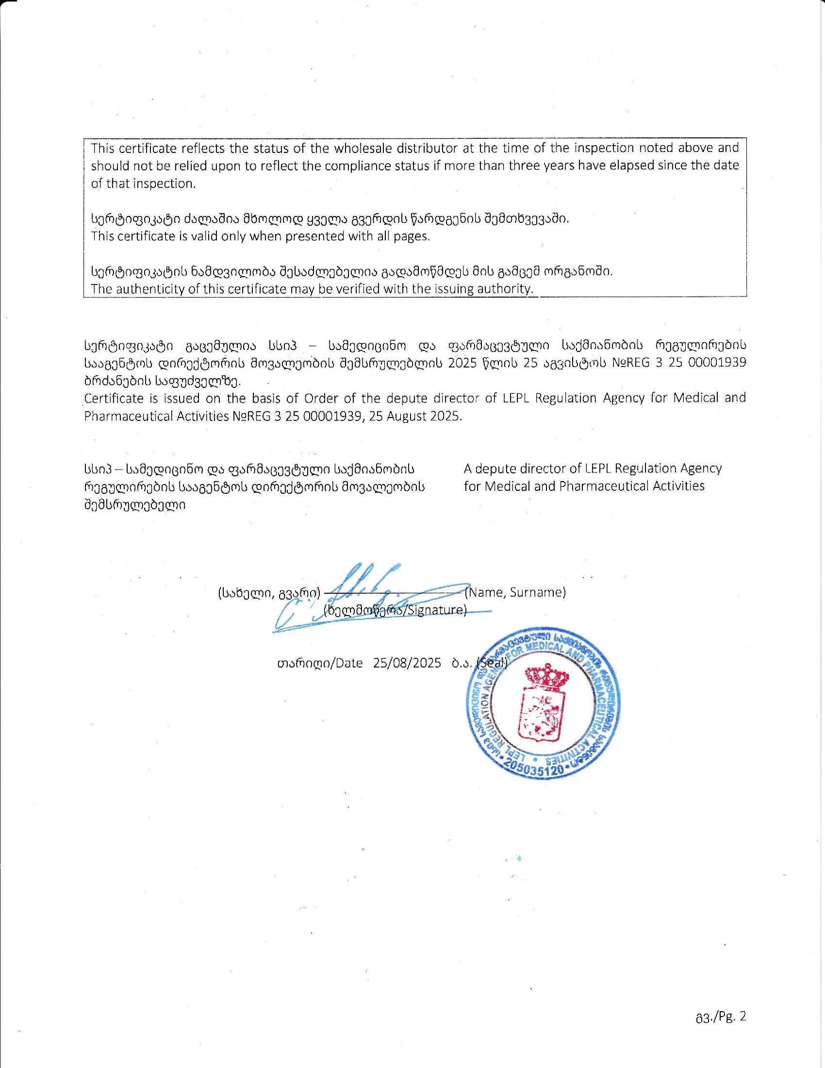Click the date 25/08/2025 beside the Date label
[407, 664]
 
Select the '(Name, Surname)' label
[515, 593]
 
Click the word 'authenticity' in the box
[148, 288]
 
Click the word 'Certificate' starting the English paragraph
[114, 398]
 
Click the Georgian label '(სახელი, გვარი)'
[269, 593]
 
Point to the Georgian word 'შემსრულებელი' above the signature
[135, 505]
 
